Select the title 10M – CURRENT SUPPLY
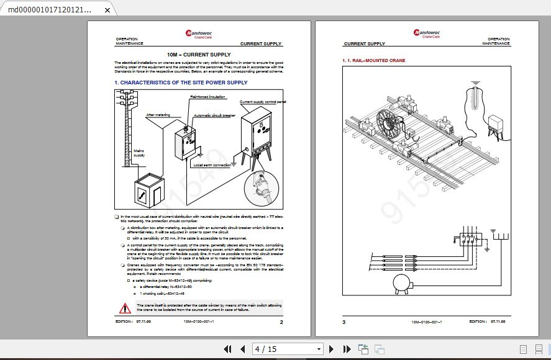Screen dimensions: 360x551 pos(198,55)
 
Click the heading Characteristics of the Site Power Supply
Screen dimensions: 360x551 pos(181,83)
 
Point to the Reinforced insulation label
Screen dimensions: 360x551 pos(207,97)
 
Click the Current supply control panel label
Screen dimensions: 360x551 pos(262,102)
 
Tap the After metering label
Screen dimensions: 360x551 pos(158,115)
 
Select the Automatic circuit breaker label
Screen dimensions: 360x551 pos(214,116)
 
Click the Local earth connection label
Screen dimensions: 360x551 pos(212,165)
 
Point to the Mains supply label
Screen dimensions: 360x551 pos(140,153)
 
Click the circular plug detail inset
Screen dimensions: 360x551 pos(261,187)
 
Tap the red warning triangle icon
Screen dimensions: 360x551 pos(125,308)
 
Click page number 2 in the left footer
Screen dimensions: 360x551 pos(281,322)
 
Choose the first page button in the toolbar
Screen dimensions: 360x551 pos(227,349)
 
